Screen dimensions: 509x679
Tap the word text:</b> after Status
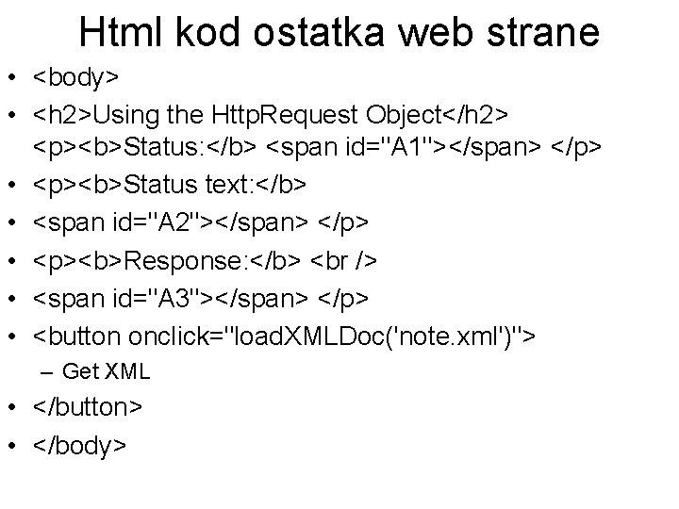[x=235, y=185]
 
